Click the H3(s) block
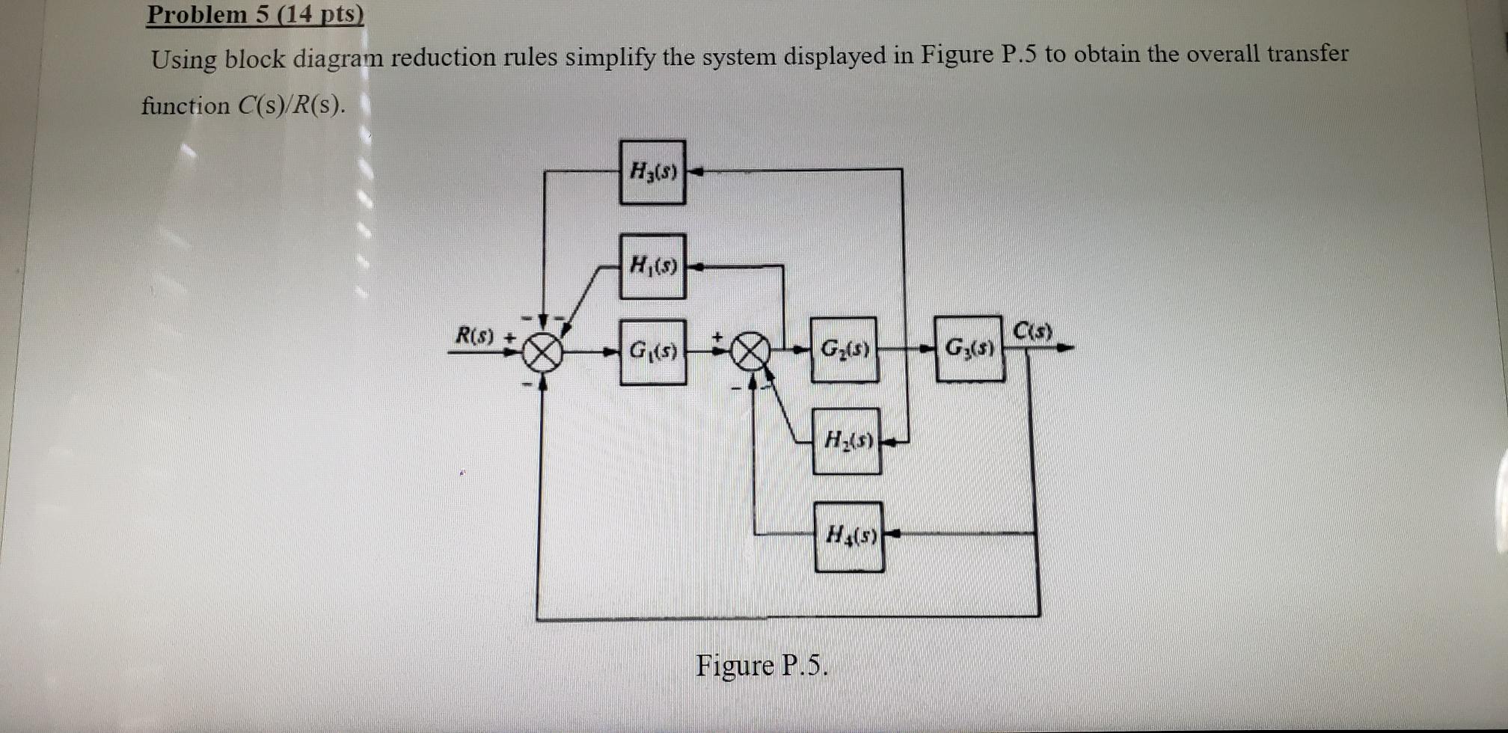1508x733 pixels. pos(652,172)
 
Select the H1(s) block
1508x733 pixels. pos(652,266)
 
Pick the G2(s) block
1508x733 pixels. pos(845,349)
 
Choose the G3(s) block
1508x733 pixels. pos(969,349)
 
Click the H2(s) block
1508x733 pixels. pos(847,441)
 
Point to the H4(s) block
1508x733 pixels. pos(849,536)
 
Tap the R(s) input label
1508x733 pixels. pos(475,336)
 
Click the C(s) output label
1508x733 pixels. pos(1033,330)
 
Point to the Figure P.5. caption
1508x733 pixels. pos(761,665)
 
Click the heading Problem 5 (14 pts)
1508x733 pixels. pos(255,14)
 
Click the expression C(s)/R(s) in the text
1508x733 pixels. pos(292,105)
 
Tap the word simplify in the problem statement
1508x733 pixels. pos(610,57)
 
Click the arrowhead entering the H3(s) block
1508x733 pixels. pos(696,172)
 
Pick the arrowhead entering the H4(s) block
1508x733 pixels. pos(892,534)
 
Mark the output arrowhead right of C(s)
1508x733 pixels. pos(1067,348)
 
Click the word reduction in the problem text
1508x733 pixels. pos(443,58)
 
